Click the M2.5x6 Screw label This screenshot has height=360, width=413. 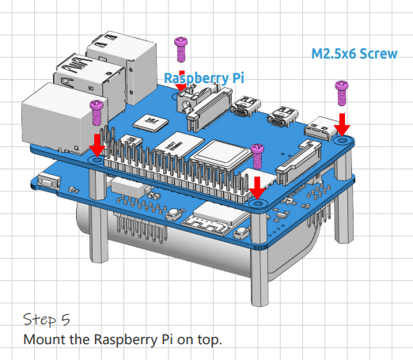click(354, 54)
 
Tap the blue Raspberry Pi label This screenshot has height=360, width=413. click(204, 78)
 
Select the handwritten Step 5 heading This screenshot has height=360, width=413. click(47, 319)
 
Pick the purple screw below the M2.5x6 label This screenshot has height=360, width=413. click(342, 93)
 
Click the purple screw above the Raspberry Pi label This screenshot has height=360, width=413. click(181, 50)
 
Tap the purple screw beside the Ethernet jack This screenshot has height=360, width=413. click(97, 112)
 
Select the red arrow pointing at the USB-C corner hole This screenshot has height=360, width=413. click(342, 125)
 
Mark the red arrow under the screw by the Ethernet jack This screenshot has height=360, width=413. click(97, 146)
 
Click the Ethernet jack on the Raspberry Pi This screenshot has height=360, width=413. click(65, 118)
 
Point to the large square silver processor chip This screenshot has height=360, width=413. click(221, 154)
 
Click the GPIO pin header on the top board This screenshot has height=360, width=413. click(174, 169)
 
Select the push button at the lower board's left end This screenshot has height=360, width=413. click(49, 180)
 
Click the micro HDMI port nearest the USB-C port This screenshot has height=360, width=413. click(283, 117)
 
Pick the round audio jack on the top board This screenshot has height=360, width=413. click(187, 105)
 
